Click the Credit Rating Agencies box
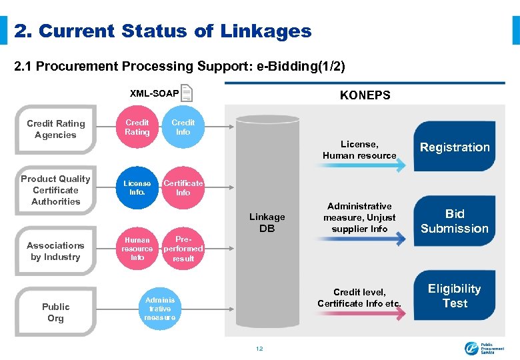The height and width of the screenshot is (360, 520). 56,129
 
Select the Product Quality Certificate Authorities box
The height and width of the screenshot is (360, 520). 56,190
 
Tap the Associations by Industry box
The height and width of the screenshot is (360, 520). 56,251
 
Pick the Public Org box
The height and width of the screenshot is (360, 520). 56,312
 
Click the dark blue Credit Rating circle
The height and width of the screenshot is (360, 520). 137,127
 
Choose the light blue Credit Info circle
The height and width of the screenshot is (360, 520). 183,127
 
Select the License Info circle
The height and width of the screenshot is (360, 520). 137,187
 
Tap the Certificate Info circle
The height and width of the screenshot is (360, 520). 183,187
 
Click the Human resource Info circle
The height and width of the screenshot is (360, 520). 137,248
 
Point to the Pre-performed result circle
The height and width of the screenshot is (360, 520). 183,248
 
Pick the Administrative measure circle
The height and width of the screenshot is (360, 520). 160,309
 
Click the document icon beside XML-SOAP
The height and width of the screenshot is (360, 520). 187,93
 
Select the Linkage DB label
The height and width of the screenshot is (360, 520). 267,223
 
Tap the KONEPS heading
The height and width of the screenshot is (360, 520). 365,95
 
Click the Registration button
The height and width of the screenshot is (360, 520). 455,147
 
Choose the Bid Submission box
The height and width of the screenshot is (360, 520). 455,221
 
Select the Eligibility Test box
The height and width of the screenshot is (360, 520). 455,295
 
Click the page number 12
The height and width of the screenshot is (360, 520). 260,349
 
